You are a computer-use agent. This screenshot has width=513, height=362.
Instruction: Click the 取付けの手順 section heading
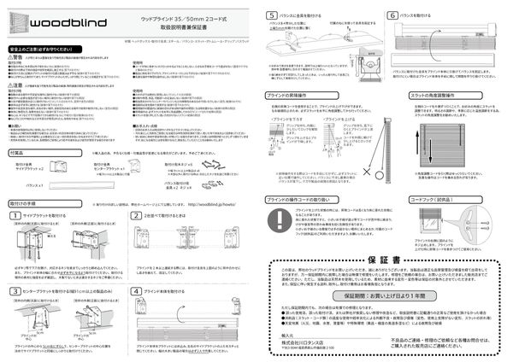[22, 205]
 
